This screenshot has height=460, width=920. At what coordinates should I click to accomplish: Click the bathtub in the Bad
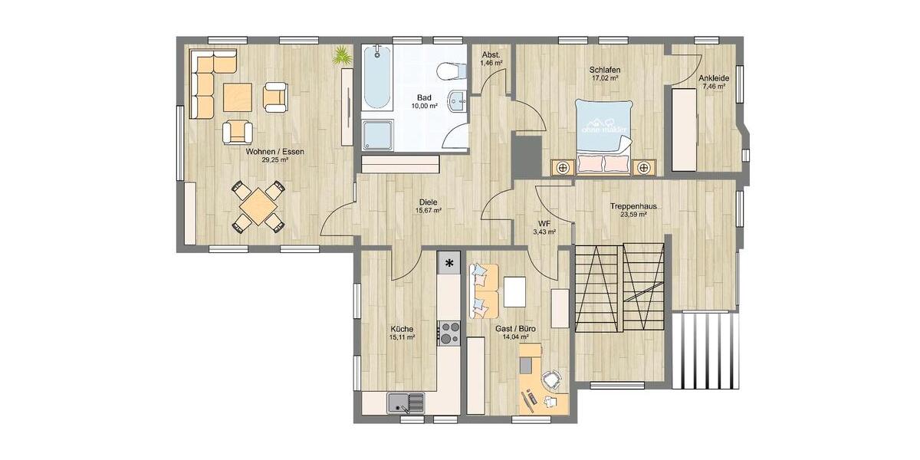376,78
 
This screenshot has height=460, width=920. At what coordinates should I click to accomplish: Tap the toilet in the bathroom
452,71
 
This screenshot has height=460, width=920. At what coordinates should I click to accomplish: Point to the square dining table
258,205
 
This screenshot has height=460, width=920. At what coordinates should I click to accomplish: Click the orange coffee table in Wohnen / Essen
237,97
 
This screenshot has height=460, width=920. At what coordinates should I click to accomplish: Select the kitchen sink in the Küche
406,402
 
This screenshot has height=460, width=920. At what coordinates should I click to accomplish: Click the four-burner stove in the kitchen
449,333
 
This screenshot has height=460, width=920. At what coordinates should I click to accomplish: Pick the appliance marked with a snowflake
449,263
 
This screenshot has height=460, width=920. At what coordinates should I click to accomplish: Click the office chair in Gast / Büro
551,379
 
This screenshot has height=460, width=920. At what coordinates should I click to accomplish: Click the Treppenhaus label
632,206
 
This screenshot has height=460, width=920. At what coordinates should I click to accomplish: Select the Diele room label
428,202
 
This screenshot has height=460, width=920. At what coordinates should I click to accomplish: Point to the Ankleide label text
713,78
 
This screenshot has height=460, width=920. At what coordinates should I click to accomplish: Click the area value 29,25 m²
274,160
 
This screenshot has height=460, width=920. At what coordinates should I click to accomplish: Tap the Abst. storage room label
491,54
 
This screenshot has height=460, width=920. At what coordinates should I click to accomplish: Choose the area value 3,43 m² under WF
544,231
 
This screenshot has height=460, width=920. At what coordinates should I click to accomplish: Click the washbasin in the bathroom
457,100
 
